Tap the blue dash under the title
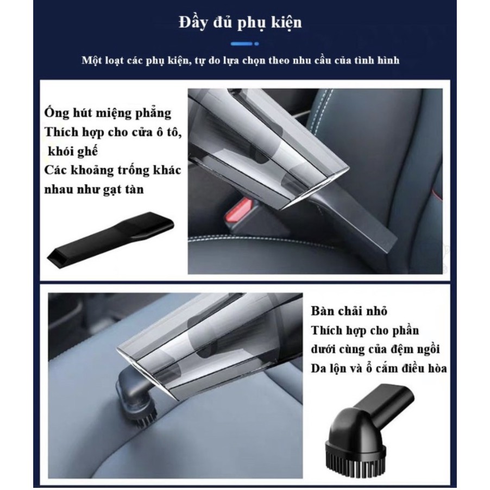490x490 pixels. click(x=241, y=44)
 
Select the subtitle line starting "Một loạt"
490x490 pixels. click(x=240, y=60)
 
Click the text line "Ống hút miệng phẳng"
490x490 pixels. click(x=108, y=113)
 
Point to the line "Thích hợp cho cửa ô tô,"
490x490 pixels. click(x=113, y=132)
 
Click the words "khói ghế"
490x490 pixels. click(x=72, y=151)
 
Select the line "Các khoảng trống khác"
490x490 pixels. click(x=112, y=171)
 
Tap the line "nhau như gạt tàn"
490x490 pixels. click(x=94, y=189)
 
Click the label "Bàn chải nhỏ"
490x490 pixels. click(x=349, y=311)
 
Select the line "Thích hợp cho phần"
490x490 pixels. click(x=365, y=330)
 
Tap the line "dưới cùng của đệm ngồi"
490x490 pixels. click(x=375, y=349)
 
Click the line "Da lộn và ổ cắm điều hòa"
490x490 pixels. click(x=379, y=368)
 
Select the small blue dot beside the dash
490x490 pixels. click(x=256, y=44)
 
